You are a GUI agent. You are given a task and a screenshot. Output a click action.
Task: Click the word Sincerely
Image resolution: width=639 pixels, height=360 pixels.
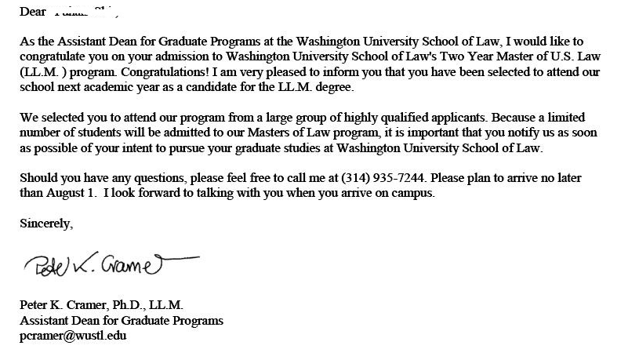click(45, 224)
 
